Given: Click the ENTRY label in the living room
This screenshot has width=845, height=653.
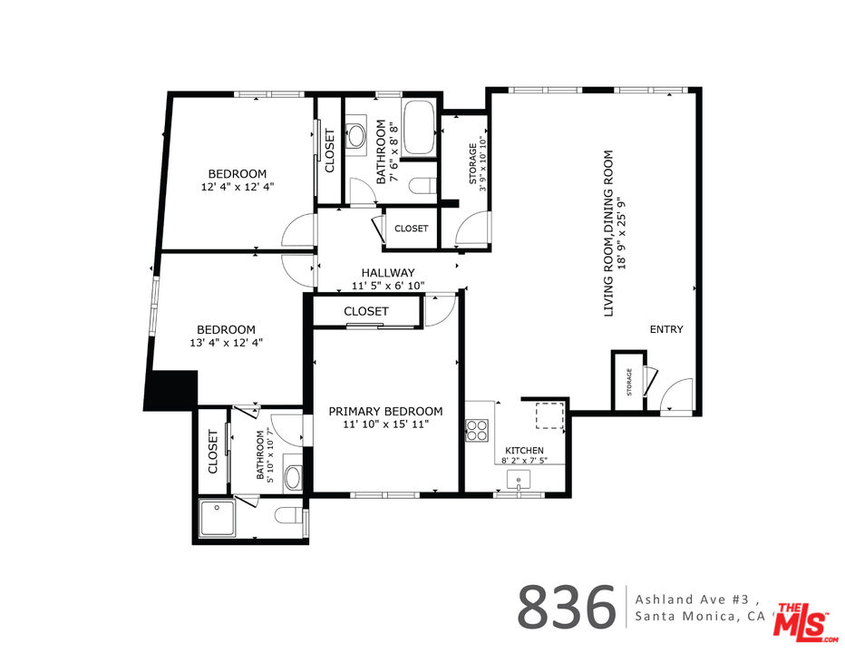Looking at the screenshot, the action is [666, 329].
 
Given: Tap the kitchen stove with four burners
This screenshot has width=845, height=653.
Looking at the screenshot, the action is [477, 430].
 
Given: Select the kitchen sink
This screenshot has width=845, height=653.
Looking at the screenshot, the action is [519, 480].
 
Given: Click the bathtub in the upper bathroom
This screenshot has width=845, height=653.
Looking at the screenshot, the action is [419, 128].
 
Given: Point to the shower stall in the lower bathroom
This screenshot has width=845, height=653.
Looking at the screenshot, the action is [217, 518].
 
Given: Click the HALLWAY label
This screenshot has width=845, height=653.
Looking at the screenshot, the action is [388, 273].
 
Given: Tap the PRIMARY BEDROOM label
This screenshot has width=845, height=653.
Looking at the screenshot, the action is [386, 412].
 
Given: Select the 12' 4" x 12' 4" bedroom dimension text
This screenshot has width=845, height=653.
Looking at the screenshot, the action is [238, 187].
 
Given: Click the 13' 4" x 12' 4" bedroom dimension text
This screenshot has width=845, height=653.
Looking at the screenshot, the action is [227, 343].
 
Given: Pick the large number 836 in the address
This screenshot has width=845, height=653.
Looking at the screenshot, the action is [567, 607].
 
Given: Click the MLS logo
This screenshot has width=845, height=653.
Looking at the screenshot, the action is [803, 622].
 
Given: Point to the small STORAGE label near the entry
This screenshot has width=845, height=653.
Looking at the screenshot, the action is [629, 382].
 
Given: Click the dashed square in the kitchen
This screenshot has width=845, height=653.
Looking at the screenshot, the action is [549, 415].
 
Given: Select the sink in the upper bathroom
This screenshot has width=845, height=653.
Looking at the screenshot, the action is [355, 135].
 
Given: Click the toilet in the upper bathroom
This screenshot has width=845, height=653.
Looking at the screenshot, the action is [422, 185].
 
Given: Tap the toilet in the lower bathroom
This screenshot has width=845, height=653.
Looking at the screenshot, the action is [289, 515].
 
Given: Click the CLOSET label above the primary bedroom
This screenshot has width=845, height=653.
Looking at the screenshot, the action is [366, 312].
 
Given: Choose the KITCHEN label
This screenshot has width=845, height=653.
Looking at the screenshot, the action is [524, 450].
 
